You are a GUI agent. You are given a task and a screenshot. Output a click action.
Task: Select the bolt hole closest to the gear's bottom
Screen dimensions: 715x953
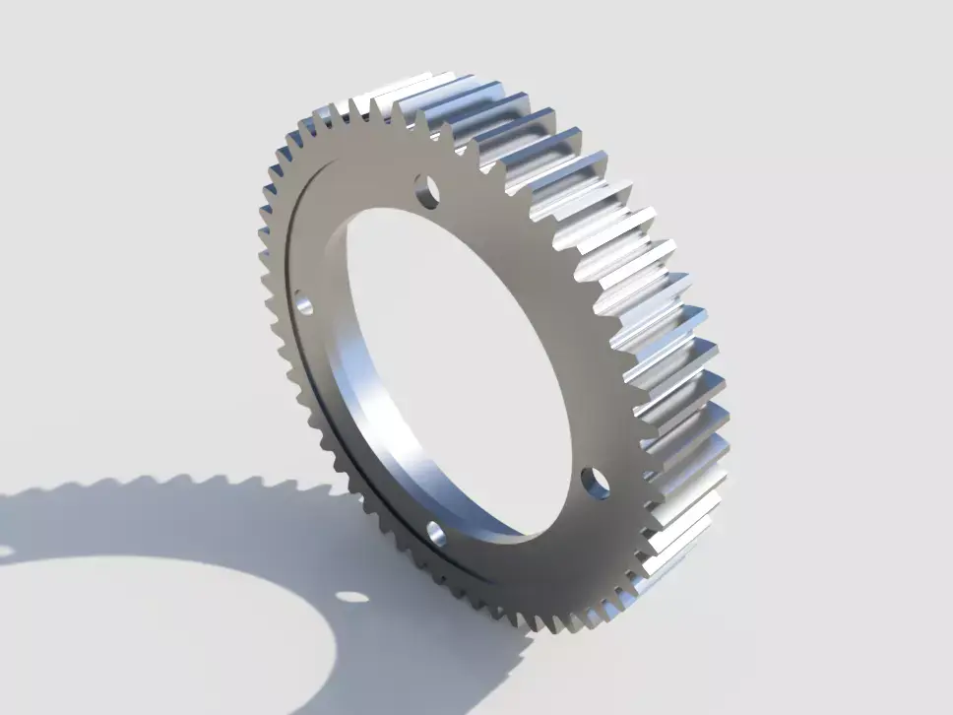click(436, 534)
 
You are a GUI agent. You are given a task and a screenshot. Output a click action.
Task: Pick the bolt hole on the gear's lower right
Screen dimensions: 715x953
click(594, 482)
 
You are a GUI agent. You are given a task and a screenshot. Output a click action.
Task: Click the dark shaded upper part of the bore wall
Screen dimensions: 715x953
click(340, 236)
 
